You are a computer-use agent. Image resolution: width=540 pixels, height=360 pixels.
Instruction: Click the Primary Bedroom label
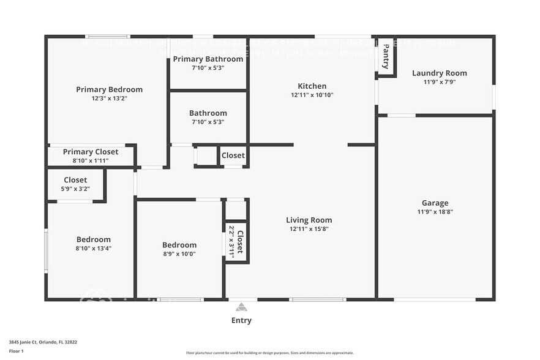pos(109,89)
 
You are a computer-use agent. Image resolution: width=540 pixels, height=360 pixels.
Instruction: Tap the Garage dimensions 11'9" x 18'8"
pos(435,212)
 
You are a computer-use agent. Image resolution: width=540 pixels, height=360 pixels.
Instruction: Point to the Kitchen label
pos(312,86)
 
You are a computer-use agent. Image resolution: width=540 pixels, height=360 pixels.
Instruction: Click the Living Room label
pos(309,220)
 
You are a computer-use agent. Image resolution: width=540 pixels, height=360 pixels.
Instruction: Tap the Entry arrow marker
pos(241,307)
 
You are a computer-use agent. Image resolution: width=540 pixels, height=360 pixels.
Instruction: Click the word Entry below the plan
pos(241,320)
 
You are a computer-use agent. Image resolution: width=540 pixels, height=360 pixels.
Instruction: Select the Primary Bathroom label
pos(208,59)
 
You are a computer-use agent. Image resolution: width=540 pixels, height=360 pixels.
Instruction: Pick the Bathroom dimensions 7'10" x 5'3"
pos(208,122)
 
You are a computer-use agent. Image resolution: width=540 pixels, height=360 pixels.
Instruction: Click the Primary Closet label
pos(91,152)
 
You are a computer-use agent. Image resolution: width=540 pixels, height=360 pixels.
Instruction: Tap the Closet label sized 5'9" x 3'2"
pos(75,180)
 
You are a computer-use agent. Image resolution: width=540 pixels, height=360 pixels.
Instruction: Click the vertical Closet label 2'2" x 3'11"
pos(240,241)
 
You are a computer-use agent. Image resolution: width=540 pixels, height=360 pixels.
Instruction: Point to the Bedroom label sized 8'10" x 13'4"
pos(94,239)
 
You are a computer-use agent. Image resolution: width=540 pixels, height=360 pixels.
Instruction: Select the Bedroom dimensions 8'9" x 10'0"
pos(179,253)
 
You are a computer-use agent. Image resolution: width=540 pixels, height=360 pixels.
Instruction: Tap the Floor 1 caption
pos(17,351)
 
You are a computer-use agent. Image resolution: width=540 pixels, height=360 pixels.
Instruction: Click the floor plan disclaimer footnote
pos(269,353)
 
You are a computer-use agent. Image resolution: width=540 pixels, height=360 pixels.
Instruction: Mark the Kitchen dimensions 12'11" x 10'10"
pos(312,95)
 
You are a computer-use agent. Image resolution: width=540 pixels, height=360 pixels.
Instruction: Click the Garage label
pos(435,203)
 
